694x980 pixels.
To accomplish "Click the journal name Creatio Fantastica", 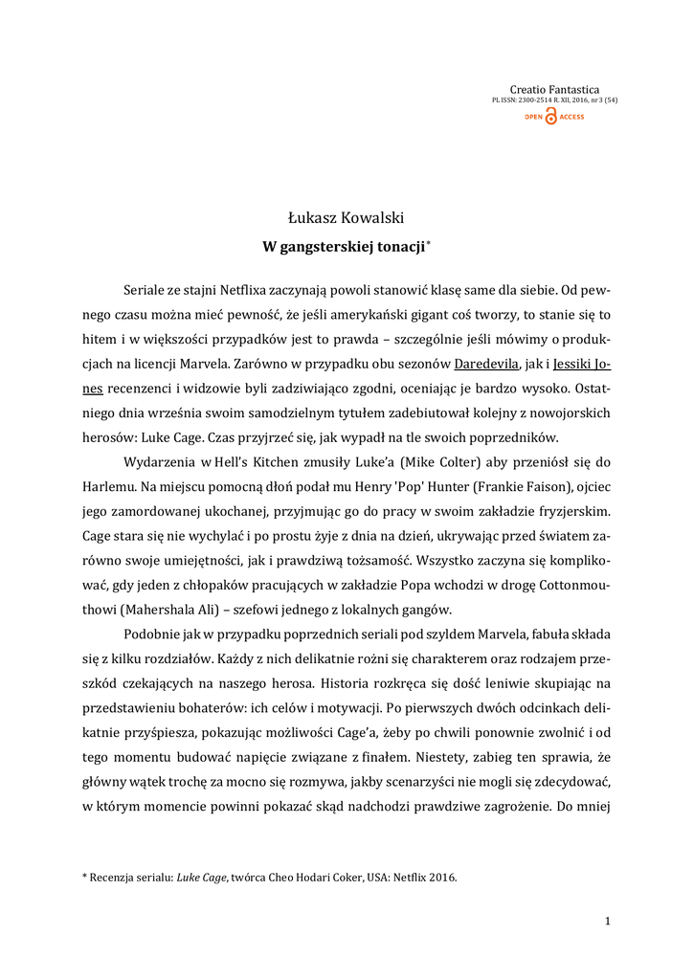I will (x=554, y=89).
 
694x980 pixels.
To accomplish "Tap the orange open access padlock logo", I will (x=551, y=116).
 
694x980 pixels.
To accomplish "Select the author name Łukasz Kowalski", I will (x=347, y=219).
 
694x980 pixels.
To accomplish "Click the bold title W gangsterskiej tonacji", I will (x=344, y=247).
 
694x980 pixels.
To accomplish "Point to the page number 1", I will (x=607, y=921).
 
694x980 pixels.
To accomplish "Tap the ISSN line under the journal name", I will (x=554, y=100).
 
